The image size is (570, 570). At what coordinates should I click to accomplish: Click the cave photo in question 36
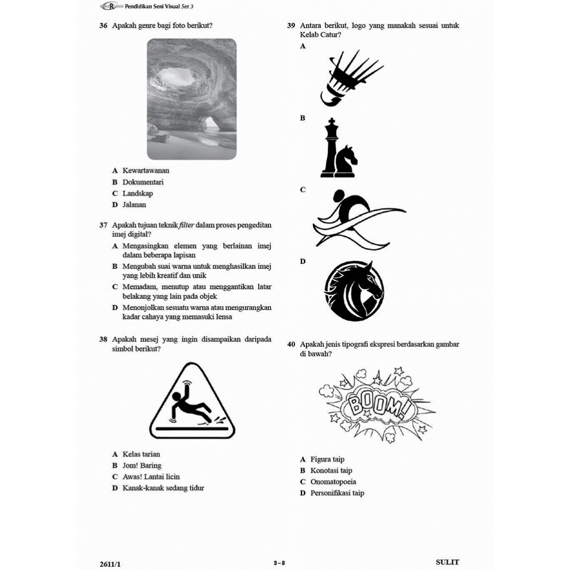point(191,99)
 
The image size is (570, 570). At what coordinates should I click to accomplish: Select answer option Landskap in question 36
point(137,194)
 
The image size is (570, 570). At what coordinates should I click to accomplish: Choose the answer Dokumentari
point(143,182)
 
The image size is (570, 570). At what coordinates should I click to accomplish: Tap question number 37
point(103,225)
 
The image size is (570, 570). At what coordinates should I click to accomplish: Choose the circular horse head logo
point(354,291)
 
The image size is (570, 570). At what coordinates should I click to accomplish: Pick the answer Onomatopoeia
point(333,482)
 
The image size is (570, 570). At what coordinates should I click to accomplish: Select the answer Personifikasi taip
point(337,493)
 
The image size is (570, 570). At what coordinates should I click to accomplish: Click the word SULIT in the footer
point(447,562)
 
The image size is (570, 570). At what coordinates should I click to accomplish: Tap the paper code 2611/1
point(110,563)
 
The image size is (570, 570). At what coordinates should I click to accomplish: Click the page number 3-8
point(279,563)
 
